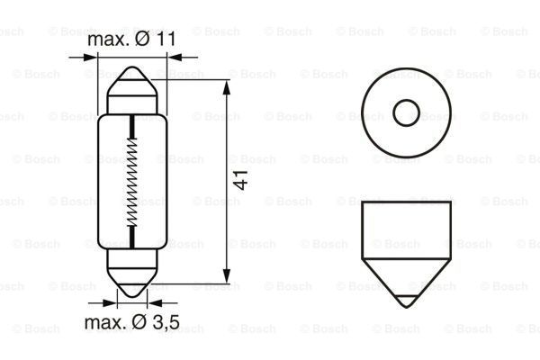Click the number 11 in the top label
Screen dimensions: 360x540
pos(166,41)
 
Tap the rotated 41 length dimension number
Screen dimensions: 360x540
pos(240,180)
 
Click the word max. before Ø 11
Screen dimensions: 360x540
pos(107,41)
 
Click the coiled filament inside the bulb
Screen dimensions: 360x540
pos(132,181)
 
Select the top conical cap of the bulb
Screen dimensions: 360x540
pos(132,84)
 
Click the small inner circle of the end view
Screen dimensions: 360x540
pos(407,112)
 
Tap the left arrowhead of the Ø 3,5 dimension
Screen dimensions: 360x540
pos(120,303)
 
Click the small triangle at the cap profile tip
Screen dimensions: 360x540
pos(407,298)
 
